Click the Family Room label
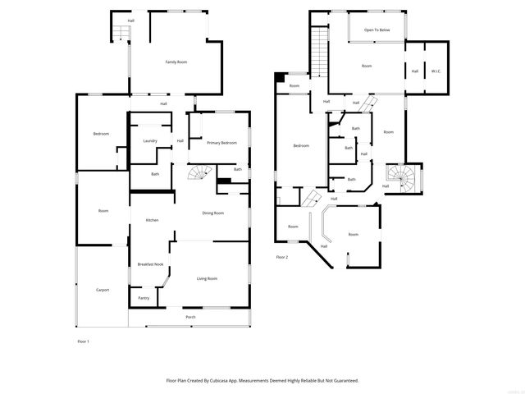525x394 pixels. pos(176,62)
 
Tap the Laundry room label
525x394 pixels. pos(149,141)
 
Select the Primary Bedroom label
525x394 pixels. pos(221,143)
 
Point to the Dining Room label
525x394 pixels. pos(213,213)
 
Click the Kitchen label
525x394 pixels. pos(152,220)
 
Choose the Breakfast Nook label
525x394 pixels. pos(150,264)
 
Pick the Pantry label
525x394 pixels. pos(144,298)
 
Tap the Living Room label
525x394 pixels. pos(207,279)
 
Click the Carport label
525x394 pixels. pos(103,290)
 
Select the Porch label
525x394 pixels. pos(190,317)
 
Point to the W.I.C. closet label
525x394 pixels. pos(436,71)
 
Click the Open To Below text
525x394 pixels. pos(377,30)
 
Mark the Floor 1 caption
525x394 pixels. pos(83,341)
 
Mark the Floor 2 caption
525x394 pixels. pos(282,257)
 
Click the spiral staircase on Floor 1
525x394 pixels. pos(199,175)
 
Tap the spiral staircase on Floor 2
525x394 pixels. pos(402,177)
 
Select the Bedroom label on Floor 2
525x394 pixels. pos(301,146)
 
